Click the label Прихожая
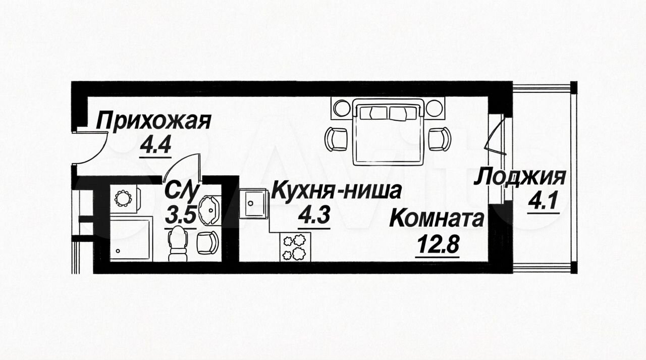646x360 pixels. (x=153, y=122)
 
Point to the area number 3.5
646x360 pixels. (x=181, y=215)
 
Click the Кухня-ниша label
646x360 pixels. (x=337, y=190)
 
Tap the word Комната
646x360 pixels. (x=437, y=219)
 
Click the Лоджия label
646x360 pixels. (x=520, y=177)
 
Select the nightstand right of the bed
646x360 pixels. (x=435, y=108)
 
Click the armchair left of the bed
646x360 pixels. (x=336, y=139)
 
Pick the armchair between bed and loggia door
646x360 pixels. (x=439, y=138)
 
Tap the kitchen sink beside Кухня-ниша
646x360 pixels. (x=253, y=203)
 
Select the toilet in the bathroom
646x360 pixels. (x=177, y=243)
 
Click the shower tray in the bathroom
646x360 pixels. (x=131, y=239)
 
